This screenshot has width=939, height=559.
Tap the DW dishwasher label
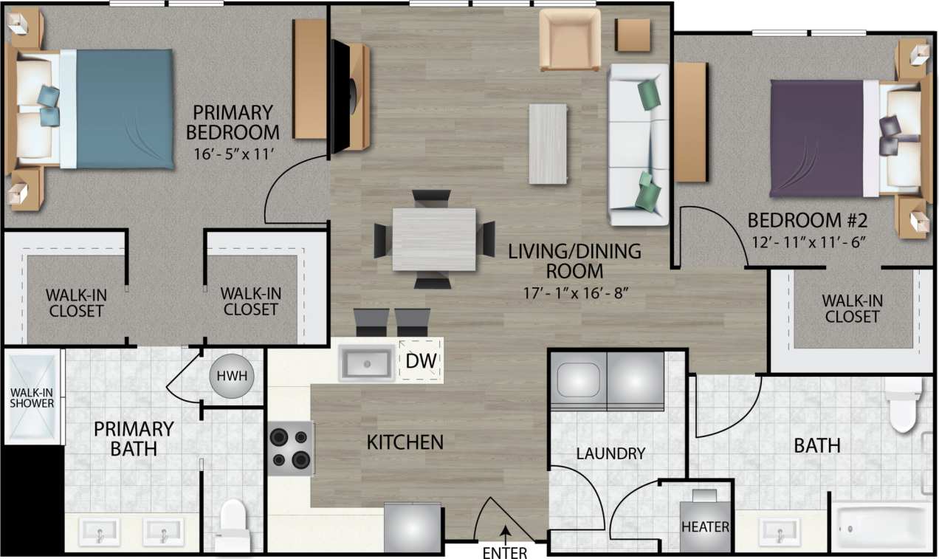pyautogui.click(x=422, y=362)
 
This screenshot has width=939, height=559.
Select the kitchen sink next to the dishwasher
pyautogui.click(x=366, y=363)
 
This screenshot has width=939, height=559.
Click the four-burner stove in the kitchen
pyautogui.click(x=290, y=448)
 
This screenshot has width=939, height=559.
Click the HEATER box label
pyautogui.click(x=705, y=527)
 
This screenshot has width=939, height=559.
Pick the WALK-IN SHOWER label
pyautogui.click(x=32, y=397)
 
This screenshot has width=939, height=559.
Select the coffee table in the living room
pyautogui.click(x=548, y=143)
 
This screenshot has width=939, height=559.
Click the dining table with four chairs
pyautogui.click(x=434, y=239)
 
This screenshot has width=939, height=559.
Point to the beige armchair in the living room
pyautogui.click(x=569, y=39)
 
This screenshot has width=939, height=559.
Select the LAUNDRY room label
pyautogui.click(x=610, y=453)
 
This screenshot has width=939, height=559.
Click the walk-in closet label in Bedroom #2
pyautogui.click(x=853, y=309)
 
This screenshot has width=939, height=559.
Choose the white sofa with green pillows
pyautogui.click(x=638, y=145)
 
